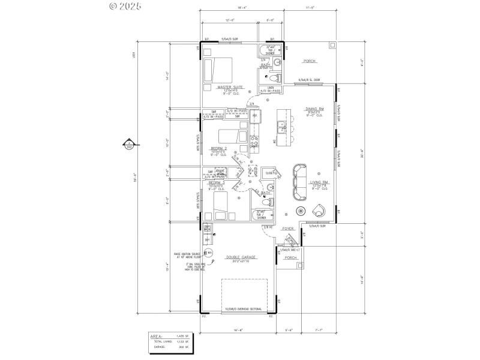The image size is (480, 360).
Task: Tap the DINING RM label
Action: (x=316, y=109)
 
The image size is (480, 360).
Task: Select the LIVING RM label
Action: (x=317, y=181)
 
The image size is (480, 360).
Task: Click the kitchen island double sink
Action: (x=281, y=127)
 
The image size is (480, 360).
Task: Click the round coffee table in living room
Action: (x=301, y=211)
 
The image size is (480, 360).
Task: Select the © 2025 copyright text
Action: (x=125, y=7)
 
